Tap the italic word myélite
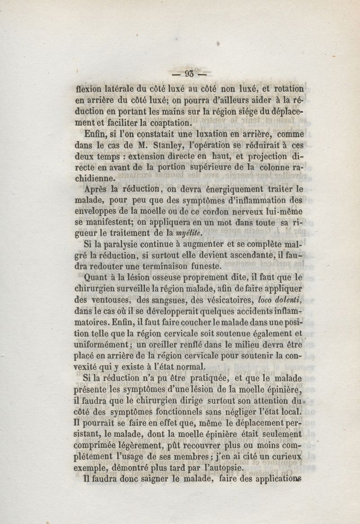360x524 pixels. (184, 233)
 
